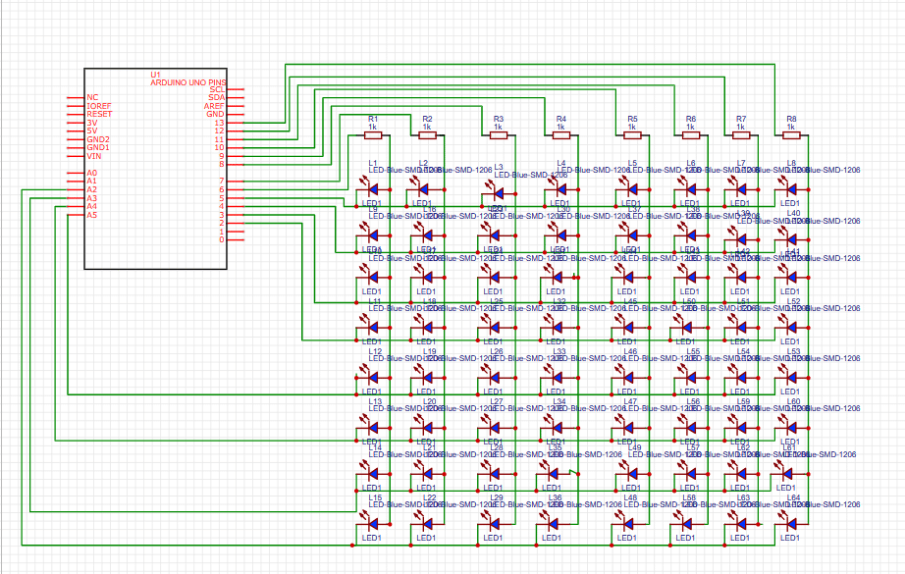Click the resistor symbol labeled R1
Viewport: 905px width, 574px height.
point(373,134)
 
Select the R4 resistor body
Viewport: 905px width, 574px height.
point(560,134)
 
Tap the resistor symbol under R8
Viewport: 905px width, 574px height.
point(791,134)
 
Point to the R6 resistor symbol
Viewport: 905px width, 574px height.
point(691,134)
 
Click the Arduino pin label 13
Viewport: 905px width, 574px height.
point(220,122)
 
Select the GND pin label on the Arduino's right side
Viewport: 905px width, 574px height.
point(215,114)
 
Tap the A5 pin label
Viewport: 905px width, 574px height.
point(92,215)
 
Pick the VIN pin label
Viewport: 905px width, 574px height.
point(94,156)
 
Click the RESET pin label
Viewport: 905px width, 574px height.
point(99,114)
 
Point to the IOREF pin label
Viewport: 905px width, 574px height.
point(99,106)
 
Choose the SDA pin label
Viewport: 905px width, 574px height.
point(216,97)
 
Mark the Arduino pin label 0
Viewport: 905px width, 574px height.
point(222,239)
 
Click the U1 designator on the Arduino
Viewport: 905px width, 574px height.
point(155,75)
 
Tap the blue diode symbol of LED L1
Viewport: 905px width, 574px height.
point(372,184)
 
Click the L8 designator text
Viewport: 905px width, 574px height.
point(791,163)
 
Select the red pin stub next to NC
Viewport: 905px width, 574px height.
point(73,98)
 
